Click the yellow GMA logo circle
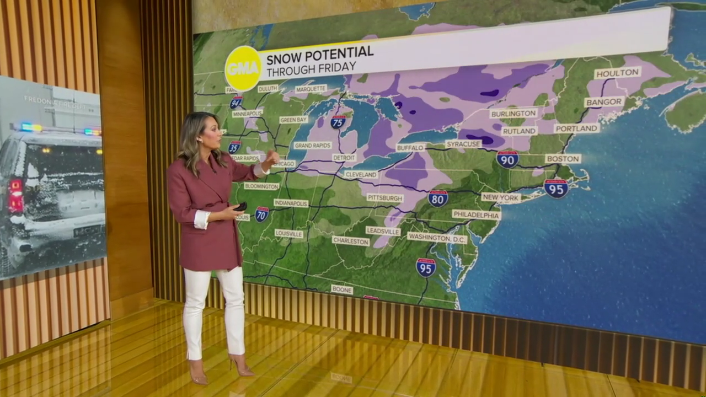[x=243, y=68]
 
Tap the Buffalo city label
[x=410, y=148]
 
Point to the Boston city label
[x=563, y=159]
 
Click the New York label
[x=501, y=197]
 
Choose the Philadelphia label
[x=476, y=214]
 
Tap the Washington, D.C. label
[x=437, y=238]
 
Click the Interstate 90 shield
[x=507, y=159]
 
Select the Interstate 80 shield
[x=437, y=198]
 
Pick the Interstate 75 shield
[x=338, y=122]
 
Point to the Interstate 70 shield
[x=261, y=214]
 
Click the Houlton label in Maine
[x=617, y=73]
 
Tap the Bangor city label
[x=604, y=102]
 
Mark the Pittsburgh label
[x=384, y=197]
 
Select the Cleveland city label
[x=361, y=175]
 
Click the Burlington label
[x=513, y=113]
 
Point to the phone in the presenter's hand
[x=241, y=207]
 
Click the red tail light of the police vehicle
[x=15, y=195]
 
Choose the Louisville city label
[x=288, y=234]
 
